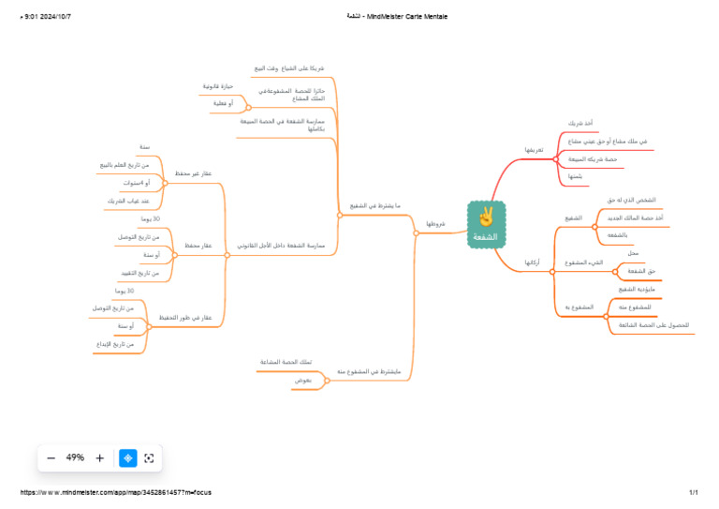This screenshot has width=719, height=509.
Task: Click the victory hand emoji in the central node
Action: click(x=486, y=217)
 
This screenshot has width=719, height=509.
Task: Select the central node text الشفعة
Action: click(x=486, y=236)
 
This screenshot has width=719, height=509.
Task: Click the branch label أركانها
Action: click(x=531, y=262)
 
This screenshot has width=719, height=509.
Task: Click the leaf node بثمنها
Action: click(x=575, y=176)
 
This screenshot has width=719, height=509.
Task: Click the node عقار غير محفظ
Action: click(x=194, y=173)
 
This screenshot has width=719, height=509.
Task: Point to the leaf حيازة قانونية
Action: click(x=217, y=86)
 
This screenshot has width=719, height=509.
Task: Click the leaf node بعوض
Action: click(x=302, y=380)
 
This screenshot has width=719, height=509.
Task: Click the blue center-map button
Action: click(x=128, y=458)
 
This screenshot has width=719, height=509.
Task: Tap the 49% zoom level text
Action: click(x=75, y=458)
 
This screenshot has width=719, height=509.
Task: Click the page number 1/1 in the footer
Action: click(x=694, y=492)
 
